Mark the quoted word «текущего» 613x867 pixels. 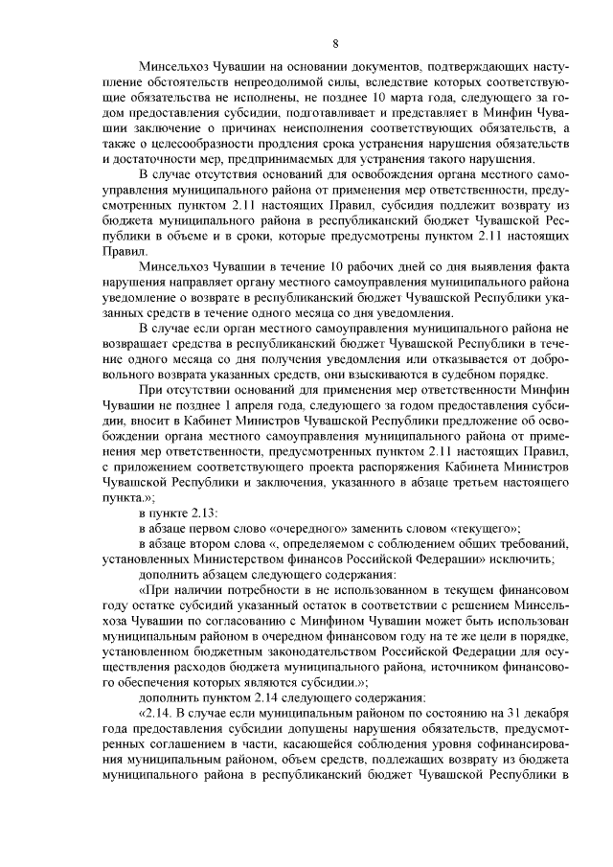pyautogui.click(x=480, y=528)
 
